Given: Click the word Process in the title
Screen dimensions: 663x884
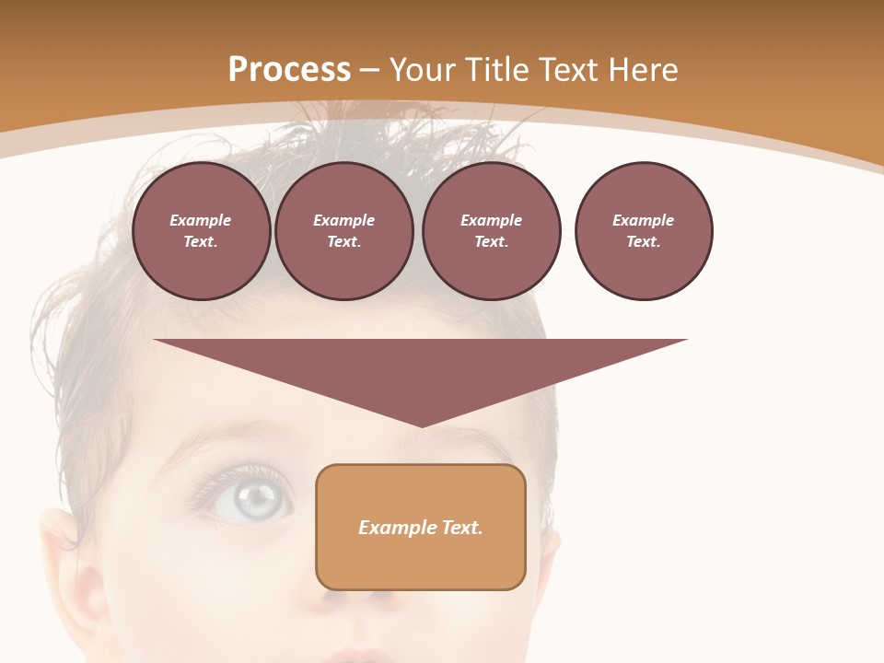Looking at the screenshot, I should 289,70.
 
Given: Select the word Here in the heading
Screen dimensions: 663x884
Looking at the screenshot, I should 644,70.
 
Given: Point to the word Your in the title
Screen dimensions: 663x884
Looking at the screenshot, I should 423,70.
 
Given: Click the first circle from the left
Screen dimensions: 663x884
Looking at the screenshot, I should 201,230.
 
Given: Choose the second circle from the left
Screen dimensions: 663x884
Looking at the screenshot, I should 343,230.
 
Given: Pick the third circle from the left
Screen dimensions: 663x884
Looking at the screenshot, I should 491,230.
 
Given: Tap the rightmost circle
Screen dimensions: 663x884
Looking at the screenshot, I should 643,230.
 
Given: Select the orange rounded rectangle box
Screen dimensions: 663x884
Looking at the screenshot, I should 420,562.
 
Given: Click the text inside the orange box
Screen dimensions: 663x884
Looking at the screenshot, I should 420,528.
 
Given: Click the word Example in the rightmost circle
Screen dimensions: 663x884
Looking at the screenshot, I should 643,220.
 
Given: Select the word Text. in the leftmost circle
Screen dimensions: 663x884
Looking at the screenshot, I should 201,242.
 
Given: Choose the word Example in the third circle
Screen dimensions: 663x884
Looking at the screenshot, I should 491,220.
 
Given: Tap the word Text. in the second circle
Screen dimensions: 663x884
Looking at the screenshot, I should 343,242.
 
